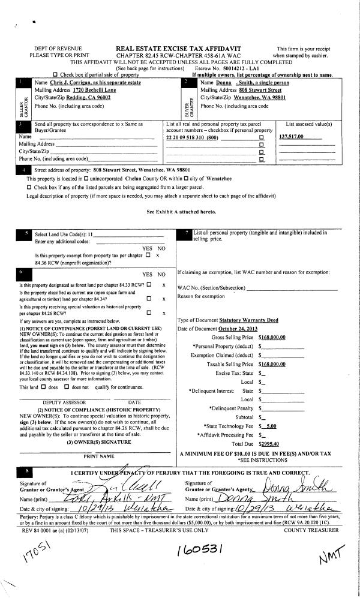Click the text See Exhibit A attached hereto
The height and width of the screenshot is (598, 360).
(x=179, y=212)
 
